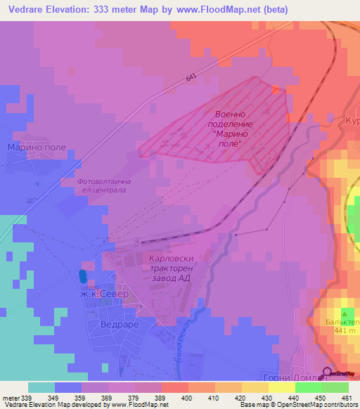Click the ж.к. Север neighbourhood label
pos(105,295)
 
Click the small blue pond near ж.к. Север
pos(84,277)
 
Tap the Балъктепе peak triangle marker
pos(345,311)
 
